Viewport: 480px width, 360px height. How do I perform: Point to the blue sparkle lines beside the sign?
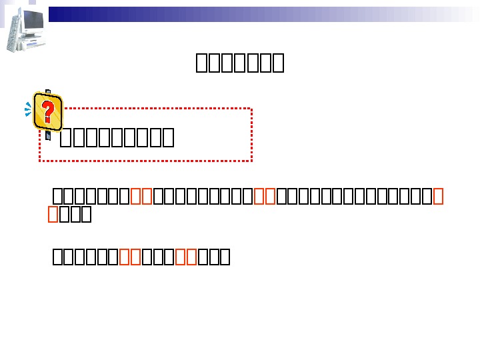[x=28, y=109]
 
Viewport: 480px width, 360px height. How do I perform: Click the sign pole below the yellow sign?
[x=49, y=133]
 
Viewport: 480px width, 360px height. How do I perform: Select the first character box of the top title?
[x=201, y=63]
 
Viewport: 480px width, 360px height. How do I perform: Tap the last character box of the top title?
[x=279, y=63]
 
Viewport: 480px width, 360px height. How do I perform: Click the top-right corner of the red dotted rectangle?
[x=251, y=109]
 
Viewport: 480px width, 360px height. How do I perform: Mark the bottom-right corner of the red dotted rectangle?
[x=251, y=160]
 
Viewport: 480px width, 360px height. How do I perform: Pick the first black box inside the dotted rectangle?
[x=65, y=138]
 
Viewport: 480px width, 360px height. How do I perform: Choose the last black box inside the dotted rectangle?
[x=168, y=138]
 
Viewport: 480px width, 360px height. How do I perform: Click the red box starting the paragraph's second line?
[x=53, y=215]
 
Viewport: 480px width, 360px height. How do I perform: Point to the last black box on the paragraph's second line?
[x=86, y=215]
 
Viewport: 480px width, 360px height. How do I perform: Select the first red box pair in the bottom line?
[x=131, y=257]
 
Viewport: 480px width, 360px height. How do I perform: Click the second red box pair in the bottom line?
[x=186, y=257]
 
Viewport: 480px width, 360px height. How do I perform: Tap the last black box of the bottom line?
[x=225, y=257]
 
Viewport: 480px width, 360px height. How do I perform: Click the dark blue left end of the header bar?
[x=57, y=14]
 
